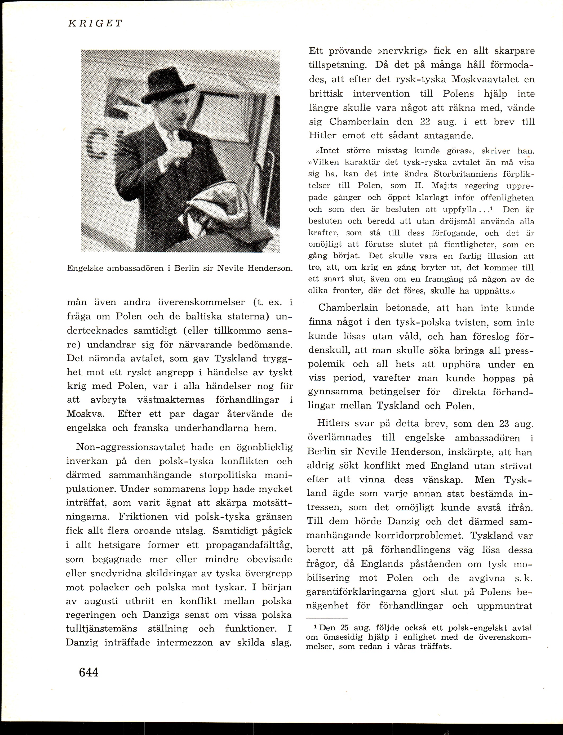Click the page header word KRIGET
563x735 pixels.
[95, 24]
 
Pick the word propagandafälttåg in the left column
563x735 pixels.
[249, 545]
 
